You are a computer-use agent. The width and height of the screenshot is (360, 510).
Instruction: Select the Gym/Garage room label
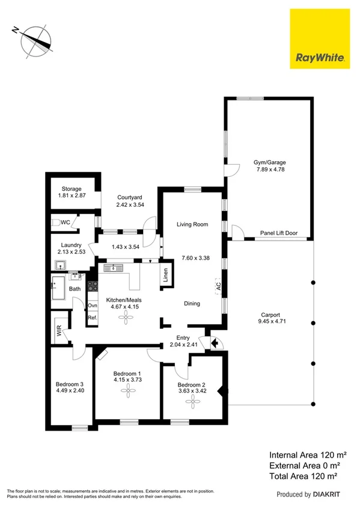coord(269,162)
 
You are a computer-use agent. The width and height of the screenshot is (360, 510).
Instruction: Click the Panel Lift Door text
coord(278,233)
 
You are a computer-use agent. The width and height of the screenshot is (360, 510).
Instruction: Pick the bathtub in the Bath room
coord(59,288)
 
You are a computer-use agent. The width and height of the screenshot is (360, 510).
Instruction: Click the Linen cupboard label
coord(165,275)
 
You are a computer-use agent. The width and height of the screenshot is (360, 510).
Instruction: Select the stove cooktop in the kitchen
coord(92,287)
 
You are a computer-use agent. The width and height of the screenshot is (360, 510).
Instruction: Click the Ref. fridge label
coord(93,318)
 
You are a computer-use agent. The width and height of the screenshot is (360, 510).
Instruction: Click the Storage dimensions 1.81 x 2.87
coord(71,197)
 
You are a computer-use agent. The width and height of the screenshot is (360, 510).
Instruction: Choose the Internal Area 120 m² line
coord(308,455)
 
